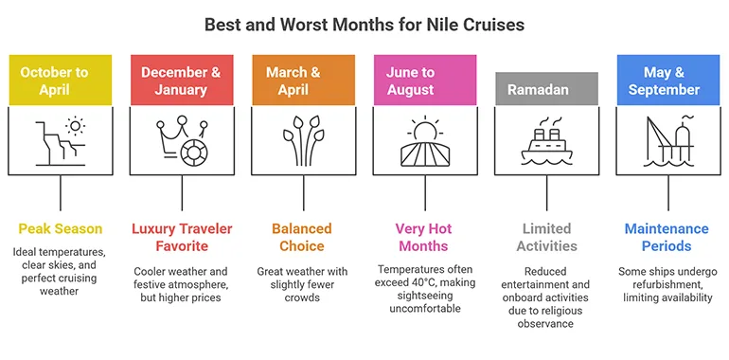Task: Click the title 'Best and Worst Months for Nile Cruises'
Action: coord(364,24)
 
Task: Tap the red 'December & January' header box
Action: coord(180,81)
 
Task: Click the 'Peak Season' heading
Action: coord(61,228)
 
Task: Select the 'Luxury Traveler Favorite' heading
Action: coord(182,237)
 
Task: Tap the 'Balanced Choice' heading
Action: coord(303,237)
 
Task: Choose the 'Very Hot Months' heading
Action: coord(424,237)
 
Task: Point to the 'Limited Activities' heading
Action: coord(546,237)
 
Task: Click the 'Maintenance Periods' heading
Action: coord(667,237)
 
